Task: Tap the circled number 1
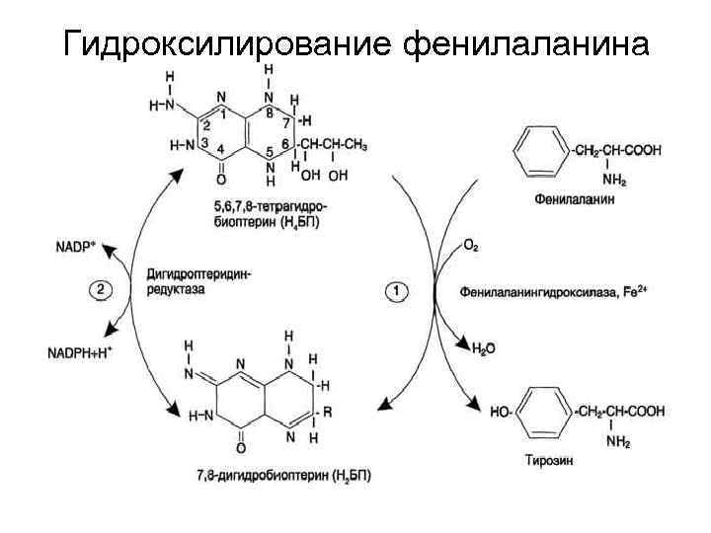pos(397,291)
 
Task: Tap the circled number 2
pos(103,291)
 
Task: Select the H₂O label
pos(484,348)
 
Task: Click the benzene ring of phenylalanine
pos(541,152)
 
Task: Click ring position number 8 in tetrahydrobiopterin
pos(270,112)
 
